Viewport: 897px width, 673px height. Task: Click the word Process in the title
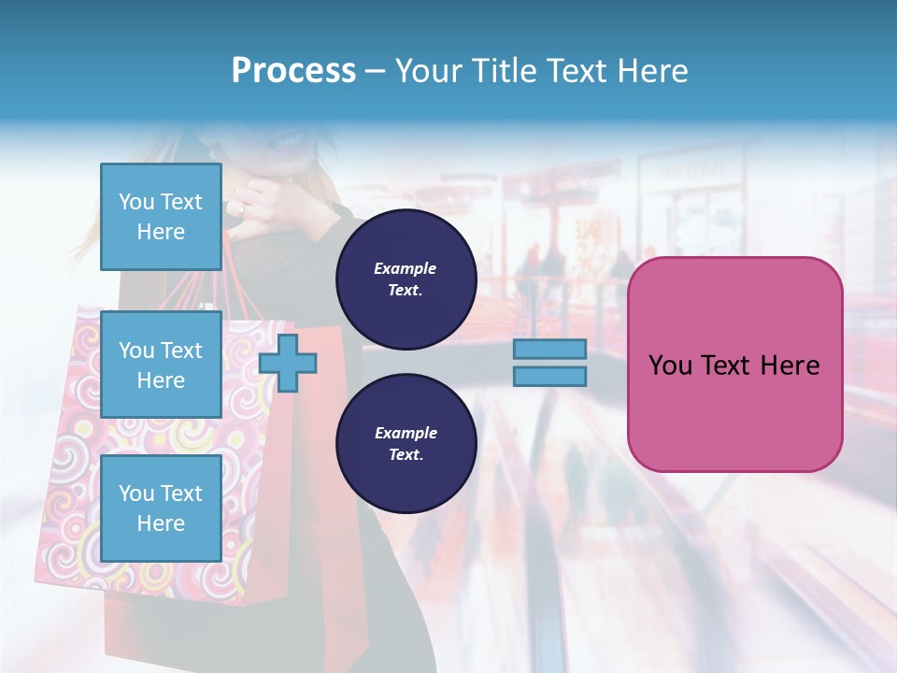(x=293, y=71)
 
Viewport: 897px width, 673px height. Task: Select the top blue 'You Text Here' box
(x=161, y=217)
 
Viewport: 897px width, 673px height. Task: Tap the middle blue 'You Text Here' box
(x=161, y=365)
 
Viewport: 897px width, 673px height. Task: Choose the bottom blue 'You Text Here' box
(x=161, y=508)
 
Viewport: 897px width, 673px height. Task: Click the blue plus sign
(x=288, y=363)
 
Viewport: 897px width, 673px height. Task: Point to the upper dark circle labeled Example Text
(x=406, y=279)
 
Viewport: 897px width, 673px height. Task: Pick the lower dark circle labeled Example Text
(x=406, y=444)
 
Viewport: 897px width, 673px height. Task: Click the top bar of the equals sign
(x=549, y=349)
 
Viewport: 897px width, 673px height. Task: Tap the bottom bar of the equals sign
(x=549, y=376)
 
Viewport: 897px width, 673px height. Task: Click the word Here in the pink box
(x=790, y=365)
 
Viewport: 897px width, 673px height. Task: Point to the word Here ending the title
(x=648, y=71)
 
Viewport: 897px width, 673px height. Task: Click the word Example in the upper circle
(x=406, y=268)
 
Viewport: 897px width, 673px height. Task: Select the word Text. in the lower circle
(x=406, y=455)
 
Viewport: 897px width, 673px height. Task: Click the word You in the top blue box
(x=136, y=202)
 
